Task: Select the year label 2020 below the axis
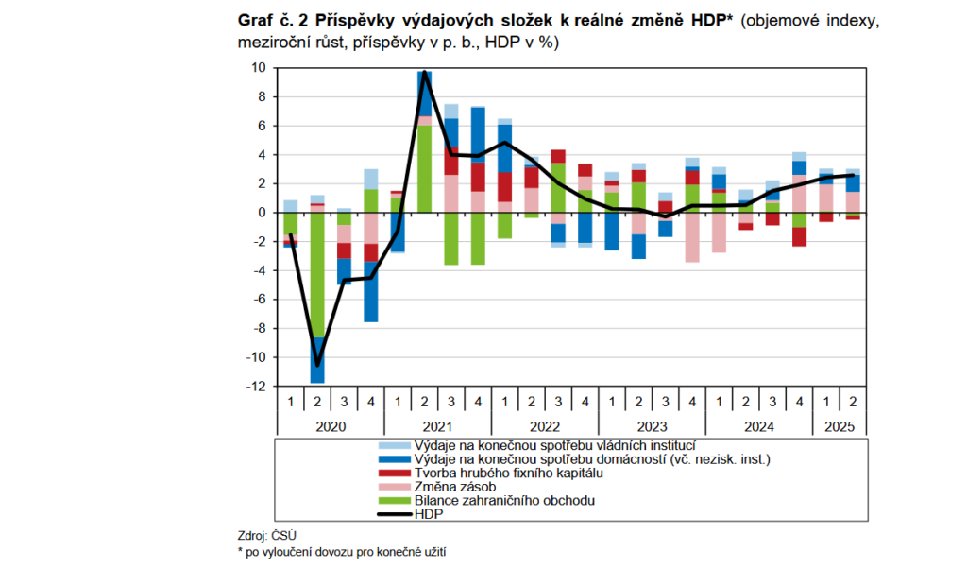tap(331, 426)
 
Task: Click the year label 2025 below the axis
tap(839, 426)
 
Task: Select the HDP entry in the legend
tap(427, 514)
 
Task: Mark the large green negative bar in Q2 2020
tap(317, 274)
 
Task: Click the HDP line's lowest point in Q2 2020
tap(317, 365)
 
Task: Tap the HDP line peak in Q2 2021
tap(425, 73)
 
